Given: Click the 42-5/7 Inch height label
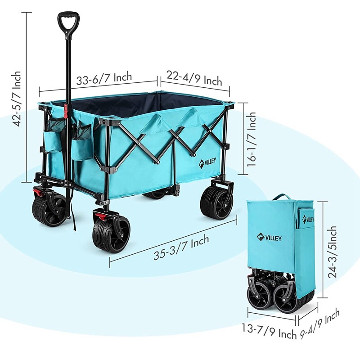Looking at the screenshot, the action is [18, 99].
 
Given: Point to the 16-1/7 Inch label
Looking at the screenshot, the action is [251, 139].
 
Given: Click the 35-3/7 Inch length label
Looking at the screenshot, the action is [181, 247].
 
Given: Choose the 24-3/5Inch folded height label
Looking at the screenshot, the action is [332, 252].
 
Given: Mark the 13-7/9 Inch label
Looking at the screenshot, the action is [269, 331].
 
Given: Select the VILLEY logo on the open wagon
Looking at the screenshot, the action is [207, 162].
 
